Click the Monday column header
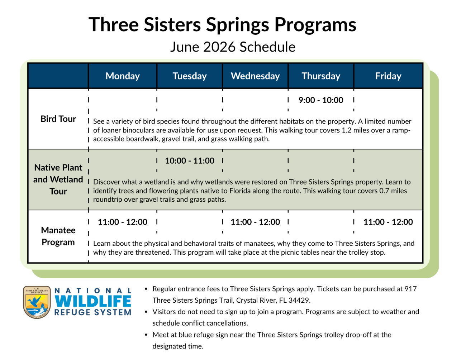pos(123,76)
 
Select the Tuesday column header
pos(190,76)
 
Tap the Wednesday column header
pos(255,76)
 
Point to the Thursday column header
pos(321,76)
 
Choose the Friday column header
pos(388,76)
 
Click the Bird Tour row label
pos(58,119)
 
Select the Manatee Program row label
pos(58,236)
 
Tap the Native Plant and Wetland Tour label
pos(58,179)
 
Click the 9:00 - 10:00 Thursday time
pos(321,100)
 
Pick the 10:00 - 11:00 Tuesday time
pos(190,161)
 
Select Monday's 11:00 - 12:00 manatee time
pos(123,222)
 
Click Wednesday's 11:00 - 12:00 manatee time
pos(255,222)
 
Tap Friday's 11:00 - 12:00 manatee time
pos(388,222)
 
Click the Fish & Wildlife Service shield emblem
pos(37,302)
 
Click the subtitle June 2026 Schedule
pos(233,47)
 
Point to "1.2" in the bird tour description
pos(346,130)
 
